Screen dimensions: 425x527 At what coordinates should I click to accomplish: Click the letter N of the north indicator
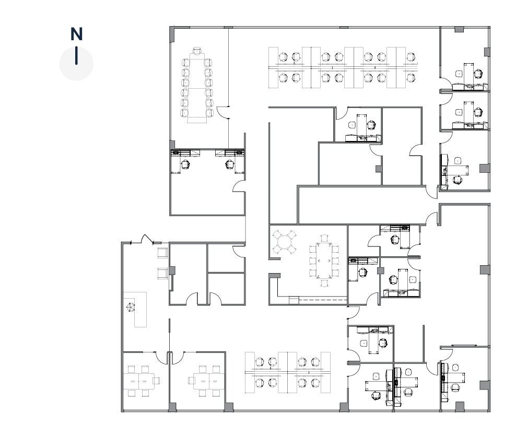coord(76,34)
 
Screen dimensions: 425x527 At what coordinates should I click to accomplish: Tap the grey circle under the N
coord(76,64)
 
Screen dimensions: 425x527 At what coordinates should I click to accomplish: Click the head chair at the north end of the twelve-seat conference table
coord(197,51)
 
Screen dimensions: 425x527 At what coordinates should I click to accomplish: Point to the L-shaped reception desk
coord(137,310)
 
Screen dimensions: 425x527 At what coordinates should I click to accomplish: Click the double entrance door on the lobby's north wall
coord(145,240)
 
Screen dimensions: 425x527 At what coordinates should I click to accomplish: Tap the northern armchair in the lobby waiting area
coord(162,253)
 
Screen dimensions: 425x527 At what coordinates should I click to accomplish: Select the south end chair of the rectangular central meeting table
coord(324,282)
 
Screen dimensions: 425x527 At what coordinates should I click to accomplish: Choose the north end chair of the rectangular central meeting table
coord(324,239)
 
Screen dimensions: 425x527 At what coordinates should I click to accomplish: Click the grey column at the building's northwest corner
coord(172,34)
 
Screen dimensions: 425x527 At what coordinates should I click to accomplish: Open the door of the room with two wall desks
coord(239,186)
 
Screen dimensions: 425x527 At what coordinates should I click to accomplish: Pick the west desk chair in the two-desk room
coord(185,164)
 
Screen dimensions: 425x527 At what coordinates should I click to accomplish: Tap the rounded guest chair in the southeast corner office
coord(456,367)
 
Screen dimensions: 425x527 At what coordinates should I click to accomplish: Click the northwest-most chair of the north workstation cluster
coord(284,56)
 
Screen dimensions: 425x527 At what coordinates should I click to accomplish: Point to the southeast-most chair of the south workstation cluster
coord(315,382)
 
